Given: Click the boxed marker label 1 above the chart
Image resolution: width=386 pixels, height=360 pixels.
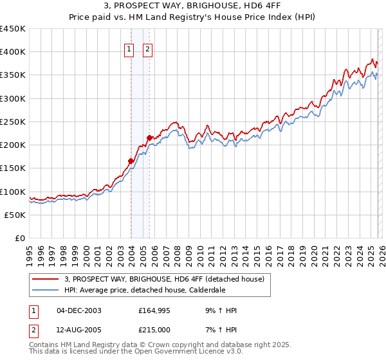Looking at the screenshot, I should click(129, 49).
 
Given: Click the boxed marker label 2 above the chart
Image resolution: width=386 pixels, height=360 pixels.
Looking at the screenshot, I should click(147, 49).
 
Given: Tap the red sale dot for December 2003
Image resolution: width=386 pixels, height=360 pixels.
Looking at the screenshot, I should click(131, 161).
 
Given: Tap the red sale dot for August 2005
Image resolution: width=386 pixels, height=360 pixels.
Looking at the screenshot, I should click(149, 138).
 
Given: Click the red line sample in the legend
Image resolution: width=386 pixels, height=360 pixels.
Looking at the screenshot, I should click(46, 278).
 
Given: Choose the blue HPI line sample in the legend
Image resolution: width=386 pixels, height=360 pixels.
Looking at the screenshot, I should click(46, 290).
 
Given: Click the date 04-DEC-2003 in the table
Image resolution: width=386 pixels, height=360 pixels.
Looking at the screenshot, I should click(78, 310).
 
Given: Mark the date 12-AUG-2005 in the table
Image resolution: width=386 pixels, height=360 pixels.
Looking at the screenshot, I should click(78, 329).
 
